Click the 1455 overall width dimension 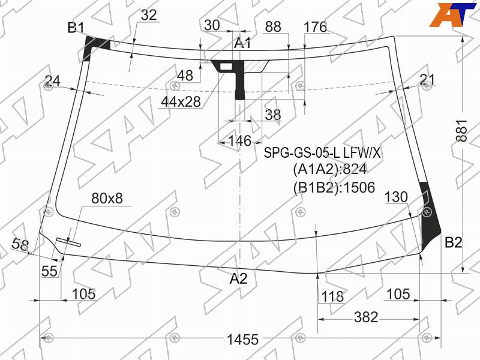click(242, 340)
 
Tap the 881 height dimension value click(461, 131)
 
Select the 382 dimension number click(366, 317)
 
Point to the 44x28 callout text click(181, 101)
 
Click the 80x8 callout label click(107, 199)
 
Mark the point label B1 click(76, 28)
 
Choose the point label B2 click(454, 242)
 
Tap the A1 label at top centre click(242, 43)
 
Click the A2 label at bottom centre click(238, 278)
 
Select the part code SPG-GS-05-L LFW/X click(322, 152)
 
